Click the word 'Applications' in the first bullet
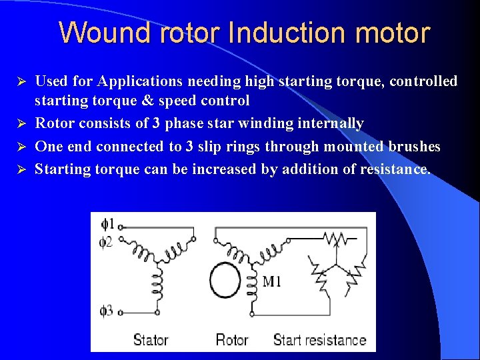click(139, 81)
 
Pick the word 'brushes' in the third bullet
click(416, 146)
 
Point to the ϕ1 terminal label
click(107, 223)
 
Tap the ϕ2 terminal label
click(106, 241)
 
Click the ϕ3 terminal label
click(107, 310)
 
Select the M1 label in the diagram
click(272, 281)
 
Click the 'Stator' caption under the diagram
click(151, 339)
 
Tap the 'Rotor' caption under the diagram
click(232, 339)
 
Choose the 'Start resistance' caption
click(319, 339)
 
